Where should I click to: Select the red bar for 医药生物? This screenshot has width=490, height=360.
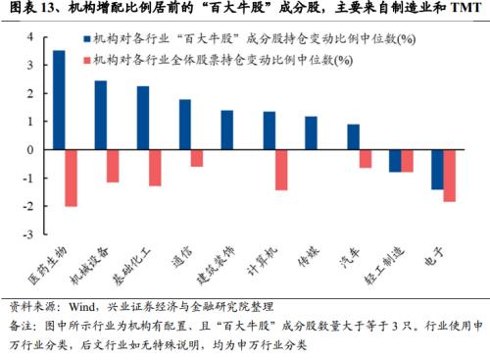point(71,179)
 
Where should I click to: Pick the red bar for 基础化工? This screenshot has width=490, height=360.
point(155,169)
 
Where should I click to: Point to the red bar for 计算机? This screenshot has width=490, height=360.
point(281,171)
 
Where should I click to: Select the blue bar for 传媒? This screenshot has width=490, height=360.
point(311,133)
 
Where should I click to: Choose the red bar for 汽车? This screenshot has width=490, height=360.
point(366,160)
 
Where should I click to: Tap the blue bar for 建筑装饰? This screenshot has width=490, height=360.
point(226,130)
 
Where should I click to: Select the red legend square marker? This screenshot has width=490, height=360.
point(87,61)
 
